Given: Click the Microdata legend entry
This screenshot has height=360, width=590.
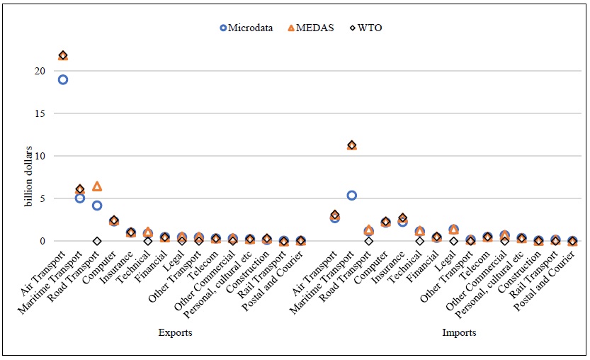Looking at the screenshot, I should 247,28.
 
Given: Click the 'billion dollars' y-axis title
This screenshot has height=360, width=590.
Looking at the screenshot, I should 29,176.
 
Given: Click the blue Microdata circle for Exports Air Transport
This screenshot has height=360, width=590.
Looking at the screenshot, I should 63,79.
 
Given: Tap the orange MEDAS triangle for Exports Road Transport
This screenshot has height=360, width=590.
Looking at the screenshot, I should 97,186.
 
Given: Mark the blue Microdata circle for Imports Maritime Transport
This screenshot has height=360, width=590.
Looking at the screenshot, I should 351,196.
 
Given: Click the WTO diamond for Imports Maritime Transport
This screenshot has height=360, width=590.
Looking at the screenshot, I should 351,145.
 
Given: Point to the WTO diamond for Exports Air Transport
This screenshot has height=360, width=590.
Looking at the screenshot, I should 63,55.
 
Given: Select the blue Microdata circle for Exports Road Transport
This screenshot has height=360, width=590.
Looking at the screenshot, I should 97,206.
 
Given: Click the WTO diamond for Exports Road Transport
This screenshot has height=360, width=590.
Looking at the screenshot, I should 97,241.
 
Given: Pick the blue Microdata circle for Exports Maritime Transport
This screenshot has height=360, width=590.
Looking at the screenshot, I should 80,198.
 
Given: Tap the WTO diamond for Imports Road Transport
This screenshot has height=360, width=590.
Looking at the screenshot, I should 368,241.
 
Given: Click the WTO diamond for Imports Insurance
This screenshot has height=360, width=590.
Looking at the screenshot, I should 402,218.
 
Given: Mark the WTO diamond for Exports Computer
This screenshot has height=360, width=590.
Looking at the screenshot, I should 114,220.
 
